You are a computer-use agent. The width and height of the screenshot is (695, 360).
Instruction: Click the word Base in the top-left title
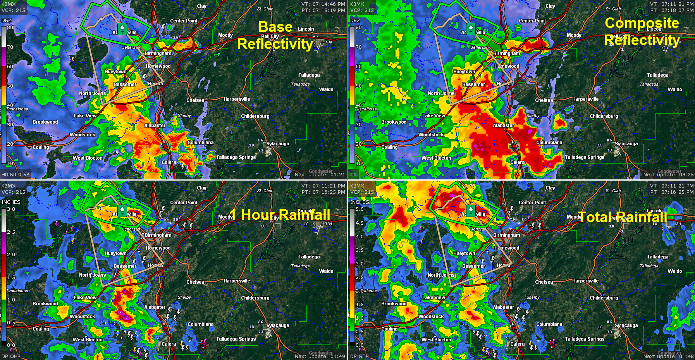point(275,27)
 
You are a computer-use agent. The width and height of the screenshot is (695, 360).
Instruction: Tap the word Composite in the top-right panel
point(642,23)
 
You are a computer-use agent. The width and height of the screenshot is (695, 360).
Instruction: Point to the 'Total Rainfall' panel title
point(623,217)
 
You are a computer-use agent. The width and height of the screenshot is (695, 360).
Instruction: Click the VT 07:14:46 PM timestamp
point(323,4)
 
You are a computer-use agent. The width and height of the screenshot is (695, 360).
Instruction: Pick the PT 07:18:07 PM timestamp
point(672,10)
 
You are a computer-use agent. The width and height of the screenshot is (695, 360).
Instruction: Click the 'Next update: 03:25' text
point(668,175)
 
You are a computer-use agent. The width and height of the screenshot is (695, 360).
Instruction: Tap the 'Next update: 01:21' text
point(320,175)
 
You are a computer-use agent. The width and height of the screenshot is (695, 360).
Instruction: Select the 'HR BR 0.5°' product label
point(15,175)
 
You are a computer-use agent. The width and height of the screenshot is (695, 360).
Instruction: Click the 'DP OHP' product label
point(11,357)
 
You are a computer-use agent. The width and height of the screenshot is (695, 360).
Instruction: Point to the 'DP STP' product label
point(360,357)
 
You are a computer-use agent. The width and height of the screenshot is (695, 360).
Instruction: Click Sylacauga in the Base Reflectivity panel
point(277,144)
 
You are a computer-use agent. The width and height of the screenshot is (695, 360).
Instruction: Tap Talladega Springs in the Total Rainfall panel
point(585,339)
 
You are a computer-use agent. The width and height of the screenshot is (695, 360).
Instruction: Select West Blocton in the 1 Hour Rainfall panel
point(88,340)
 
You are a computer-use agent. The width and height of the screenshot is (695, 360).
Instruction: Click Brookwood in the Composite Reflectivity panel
point(394,122)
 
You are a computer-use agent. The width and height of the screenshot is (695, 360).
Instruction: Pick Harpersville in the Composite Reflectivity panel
point(585,99)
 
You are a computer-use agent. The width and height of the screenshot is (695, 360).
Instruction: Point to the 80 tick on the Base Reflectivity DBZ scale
point(10,28)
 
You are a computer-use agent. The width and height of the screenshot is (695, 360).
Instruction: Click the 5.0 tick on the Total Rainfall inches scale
point(360,209)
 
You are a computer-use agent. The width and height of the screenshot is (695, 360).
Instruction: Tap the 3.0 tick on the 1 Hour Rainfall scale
point(11,209)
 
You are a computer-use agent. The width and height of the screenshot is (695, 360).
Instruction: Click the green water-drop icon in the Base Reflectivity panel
point(122,28)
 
